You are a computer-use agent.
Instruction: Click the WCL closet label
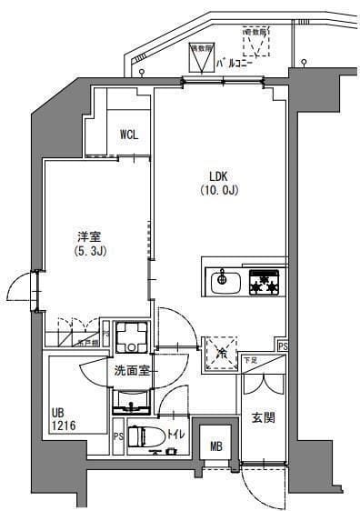[129, 135]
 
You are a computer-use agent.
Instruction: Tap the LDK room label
[218, 175]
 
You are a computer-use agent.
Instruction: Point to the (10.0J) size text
[218, 190]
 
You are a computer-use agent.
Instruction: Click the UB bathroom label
[58, 411]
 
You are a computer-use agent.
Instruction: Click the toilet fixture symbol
[145, 436]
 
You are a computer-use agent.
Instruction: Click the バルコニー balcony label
[236, 63]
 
